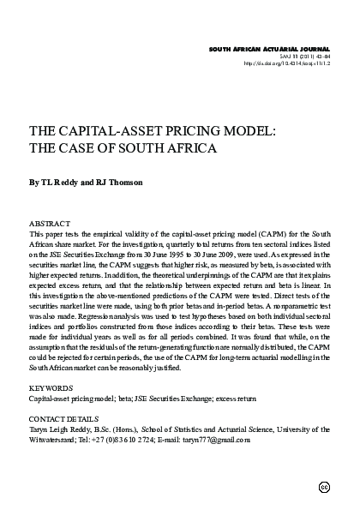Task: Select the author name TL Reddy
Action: (61, 182)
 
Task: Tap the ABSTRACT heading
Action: (50, 223)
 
